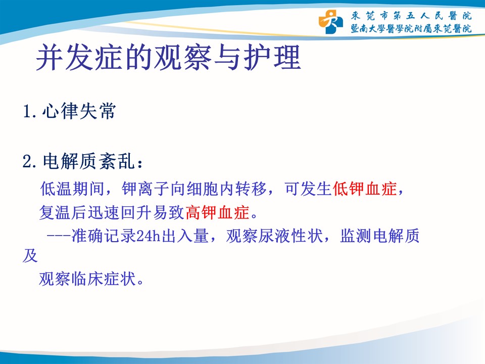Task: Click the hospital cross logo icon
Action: point(330,22)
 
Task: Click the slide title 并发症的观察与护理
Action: point(169,58)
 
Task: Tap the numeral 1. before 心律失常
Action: point(30,111)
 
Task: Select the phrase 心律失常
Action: point(79,111)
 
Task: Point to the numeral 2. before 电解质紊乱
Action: point(30,162)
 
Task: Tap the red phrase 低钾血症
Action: point(364,189)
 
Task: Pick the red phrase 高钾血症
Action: point(217,212)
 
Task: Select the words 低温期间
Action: point(72,189)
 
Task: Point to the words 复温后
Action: point(64,212)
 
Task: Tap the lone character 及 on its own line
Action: point(30,256)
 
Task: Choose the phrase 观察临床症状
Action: point(87,279)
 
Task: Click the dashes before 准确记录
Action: point(59,236)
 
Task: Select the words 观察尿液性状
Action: point(274,236)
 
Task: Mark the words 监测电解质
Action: point(379,236)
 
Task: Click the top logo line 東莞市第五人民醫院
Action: point(411,16)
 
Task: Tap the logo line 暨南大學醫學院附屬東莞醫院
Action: point(411,28)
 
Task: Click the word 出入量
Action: point(185,236)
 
